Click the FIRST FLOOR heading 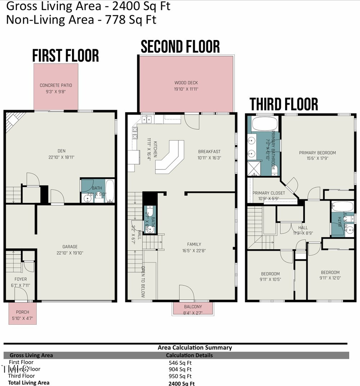66,56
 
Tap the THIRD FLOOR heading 284,104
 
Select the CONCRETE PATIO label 56,85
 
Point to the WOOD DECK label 186,83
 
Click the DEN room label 61,151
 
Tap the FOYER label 20,279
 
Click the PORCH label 22,312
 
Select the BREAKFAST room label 209,152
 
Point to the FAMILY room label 194,244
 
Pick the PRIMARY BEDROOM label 317,153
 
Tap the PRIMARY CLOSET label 269,193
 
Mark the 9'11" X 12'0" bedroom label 330,273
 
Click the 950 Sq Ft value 180,376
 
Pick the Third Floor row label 21,376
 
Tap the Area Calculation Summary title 194,348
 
